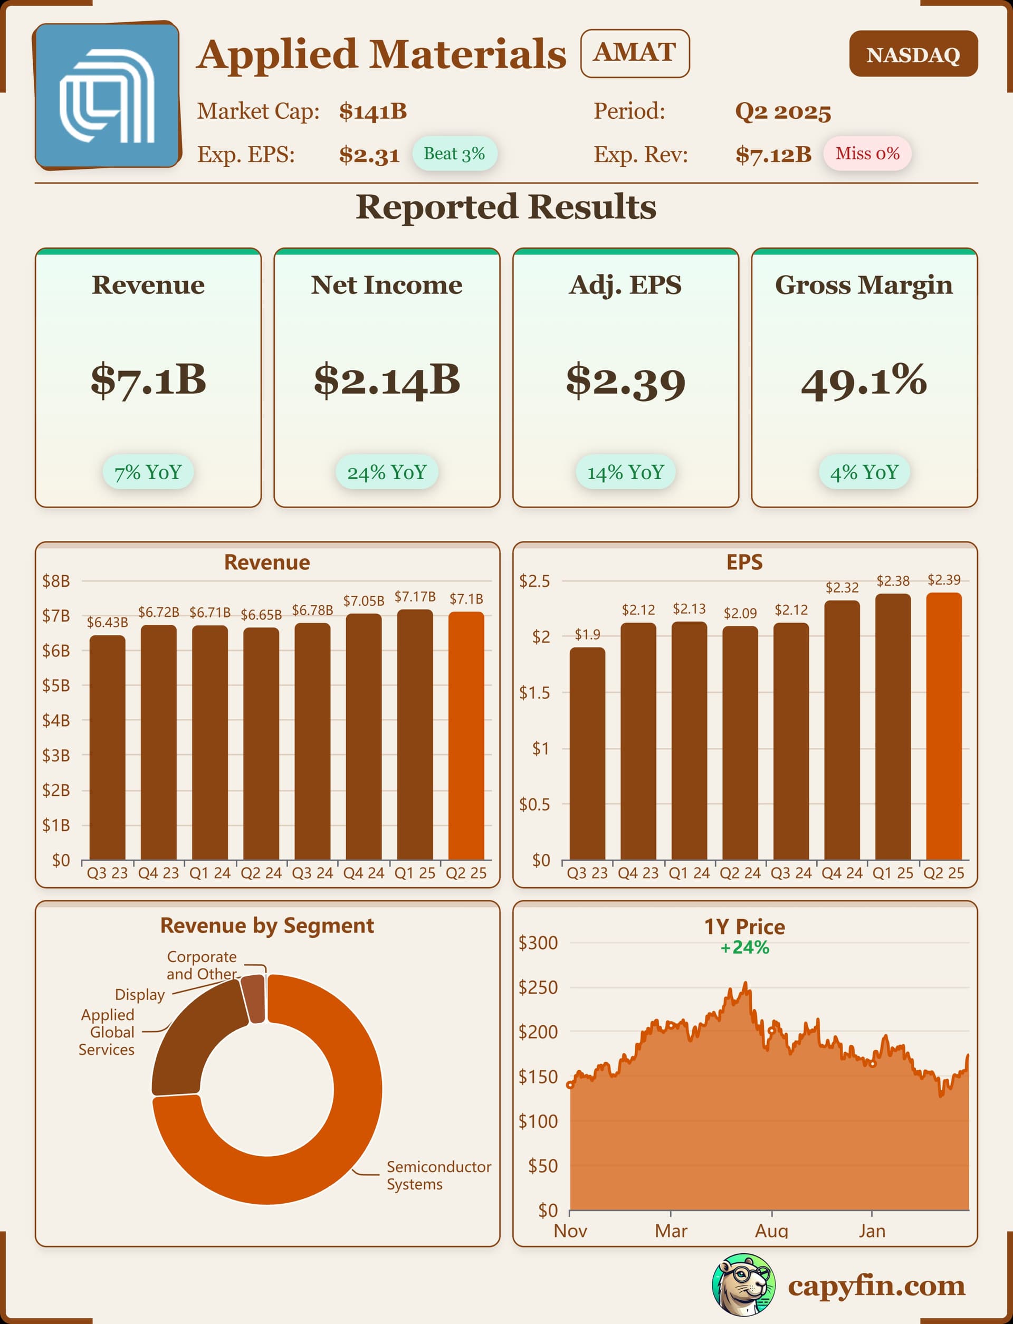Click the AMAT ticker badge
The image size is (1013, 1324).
(x=634, y=53)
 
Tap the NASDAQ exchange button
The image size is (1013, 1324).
(x=913, y=54)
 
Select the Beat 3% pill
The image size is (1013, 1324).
(x=454, y=154)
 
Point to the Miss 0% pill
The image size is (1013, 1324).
(x=867, y=154)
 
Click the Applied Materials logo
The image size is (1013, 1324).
(x=107, y=96)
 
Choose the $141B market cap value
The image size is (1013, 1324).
(x=372, y=111)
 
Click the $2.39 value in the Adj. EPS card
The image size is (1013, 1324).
(x=625, y=381)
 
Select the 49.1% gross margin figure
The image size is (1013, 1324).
(x=864, y=381)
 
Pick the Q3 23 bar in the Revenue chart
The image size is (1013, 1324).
(x=107, y=748)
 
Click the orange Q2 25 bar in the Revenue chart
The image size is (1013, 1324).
(x=466, y=736)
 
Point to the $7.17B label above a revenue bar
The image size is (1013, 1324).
(x=415, y=597)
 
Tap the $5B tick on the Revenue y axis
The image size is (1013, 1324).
(x=56, y=685)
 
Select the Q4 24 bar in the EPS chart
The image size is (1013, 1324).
(x=842, y=729)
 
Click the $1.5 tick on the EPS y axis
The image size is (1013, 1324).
(x=534, y=693)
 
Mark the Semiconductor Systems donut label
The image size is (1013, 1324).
(x=438, y=1175)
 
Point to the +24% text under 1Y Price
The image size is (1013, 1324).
(x=744, y=948)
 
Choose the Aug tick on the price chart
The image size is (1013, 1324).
(x=771, y=1231)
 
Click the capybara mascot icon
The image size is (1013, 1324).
(x=743, y=1285)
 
